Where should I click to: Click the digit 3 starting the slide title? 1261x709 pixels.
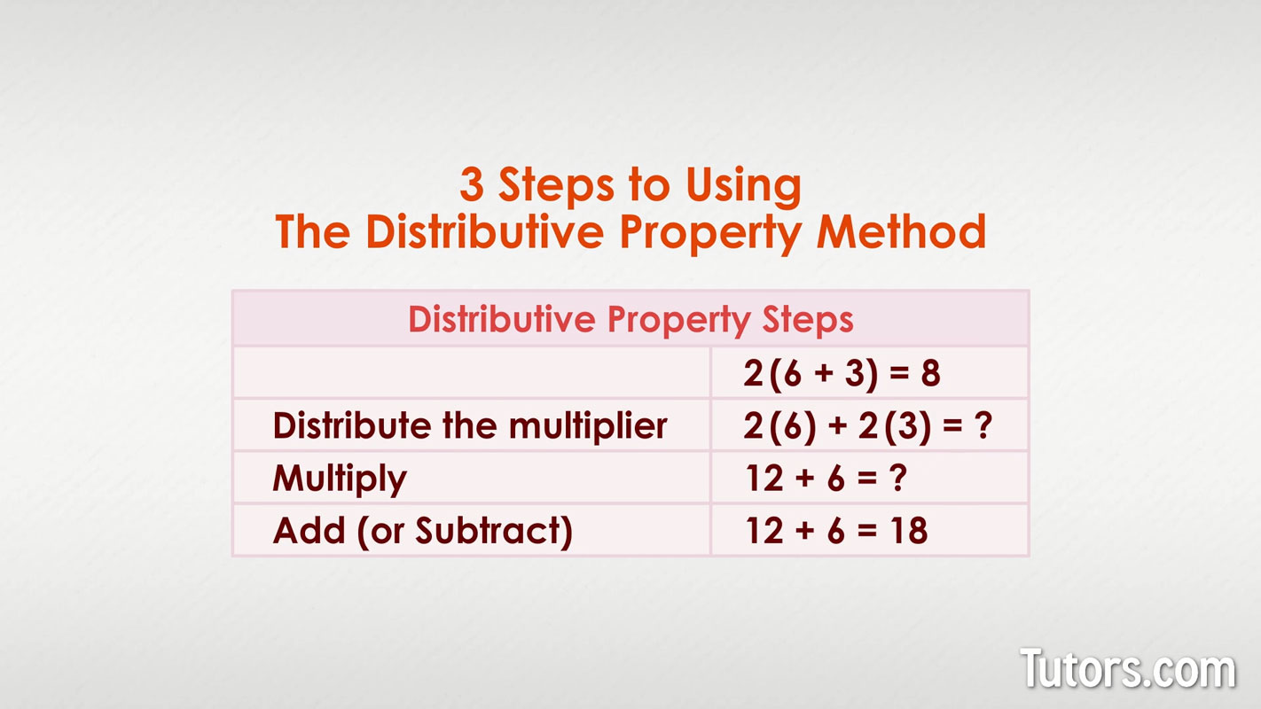click(x=472, y=186)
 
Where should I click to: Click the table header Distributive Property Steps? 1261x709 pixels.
click(x=630, y=319)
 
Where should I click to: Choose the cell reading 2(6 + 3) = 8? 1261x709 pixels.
click(x=842, y=373)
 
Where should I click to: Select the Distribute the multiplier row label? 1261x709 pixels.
click(x=469, y=426)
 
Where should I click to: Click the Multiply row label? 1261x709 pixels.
click(x=340, y=479)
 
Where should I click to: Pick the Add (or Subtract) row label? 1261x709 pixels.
click(x=422, y=531)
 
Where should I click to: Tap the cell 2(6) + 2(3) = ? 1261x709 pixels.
click(x=866, y=426)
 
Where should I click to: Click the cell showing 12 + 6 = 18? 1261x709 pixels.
click(x=836, y=531)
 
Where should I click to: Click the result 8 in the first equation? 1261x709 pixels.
click(x=930, y=373)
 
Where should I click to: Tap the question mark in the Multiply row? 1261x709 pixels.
click(x=898, y=479)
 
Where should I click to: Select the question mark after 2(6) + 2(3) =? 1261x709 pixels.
click(x=981, y=426)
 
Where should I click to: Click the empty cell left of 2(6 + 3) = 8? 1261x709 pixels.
click(x=471, y=373)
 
